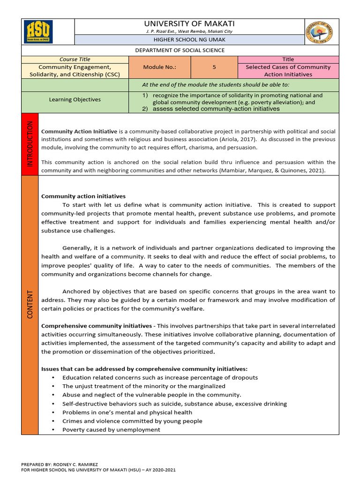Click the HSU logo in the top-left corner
click(38, 32)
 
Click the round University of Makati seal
click(321, 32)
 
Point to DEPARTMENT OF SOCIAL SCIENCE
click(180, 50)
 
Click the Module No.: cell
click(159, 67)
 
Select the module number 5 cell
click(214, 67)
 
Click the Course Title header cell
click(75, 59)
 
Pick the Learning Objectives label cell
click(75, 99)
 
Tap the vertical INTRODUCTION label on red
click(30, 143)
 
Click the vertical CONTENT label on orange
click(30, 304)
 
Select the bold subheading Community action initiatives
click(83, 196)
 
